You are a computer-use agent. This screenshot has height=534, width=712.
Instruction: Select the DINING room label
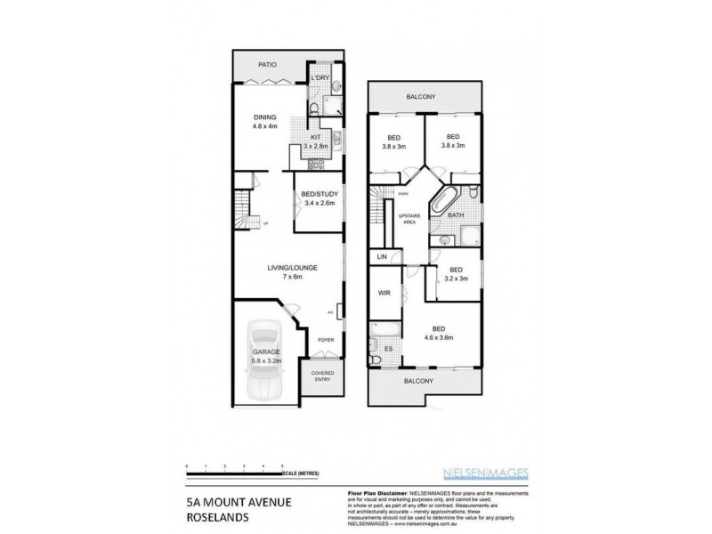264,117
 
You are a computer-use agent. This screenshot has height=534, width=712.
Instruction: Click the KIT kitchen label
315,136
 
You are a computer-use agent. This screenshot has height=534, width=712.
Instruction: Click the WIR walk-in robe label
384,292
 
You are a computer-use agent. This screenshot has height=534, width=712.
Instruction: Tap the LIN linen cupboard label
383,256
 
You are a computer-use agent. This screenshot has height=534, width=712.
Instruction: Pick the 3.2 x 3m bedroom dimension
455,278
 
